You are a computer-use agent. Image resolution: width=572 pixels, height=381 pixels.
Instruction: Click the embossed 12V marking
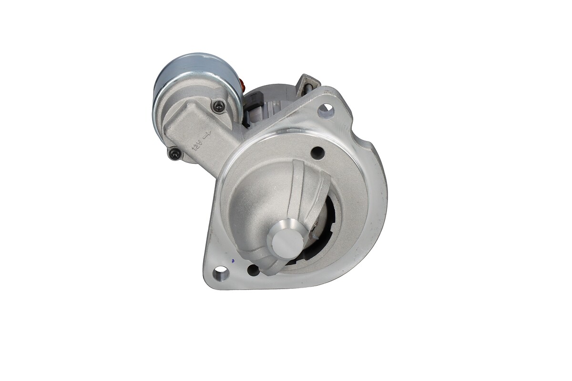tap(198, 145)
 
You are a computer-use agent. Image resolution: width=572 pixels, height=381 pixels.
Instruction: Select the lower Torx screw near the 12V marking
tap(176, 153)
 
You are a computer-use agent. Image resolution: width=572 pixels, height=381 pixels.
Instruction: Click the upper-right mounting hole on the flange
tap(326, 111)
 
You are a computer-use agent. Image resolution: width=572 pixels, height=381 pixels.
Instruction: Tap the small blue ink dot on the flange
tap(232, 261)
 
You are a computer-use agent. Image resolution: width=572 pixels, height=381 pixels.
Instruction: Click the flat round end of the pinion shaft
tap(286, 244)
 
